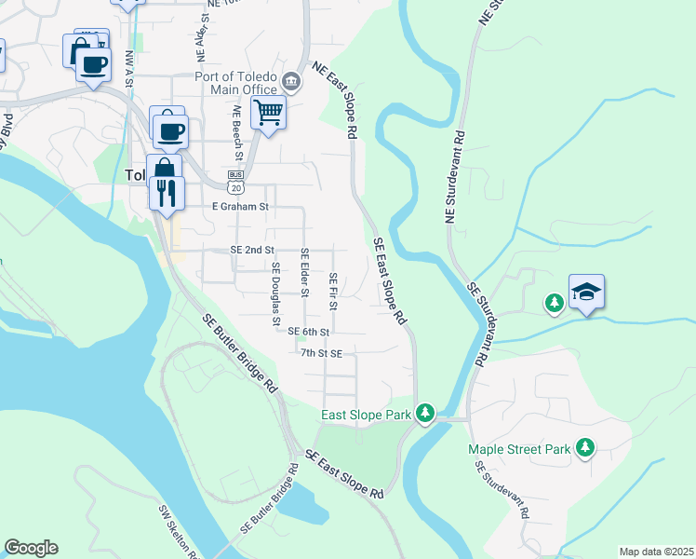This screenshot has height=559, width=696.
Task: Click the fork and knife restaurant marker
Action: [x=166, y=193]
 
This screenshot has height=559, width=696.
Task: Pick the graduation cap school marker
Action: [x=586, y=293]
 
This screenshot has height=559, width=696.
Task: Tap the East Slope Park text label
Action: [x=367, y=415]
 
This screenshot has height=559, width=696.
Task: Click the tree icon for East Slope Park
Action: [x=425, y=412]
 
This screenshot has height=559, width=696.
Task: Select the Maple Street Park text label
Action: [x=519, y=449]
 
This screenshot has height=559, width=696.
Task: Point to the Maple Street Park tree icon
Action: [x=585, y=448]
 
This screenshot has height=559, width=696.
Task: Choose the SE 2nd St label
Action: [x=252, y=251]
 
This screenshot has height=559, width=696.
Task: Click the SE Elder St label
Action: [x=304, y=273]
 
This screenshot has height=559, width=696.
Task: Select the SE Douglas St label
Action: [x=275, y=294]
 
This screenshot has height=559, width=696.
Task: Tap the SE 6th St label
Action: [x=310, y=332]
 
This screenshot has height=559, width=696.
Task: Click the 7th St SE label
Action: [x=322, y=354]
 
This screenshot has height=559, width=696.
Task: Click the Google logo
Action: [x=32, y=548]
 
